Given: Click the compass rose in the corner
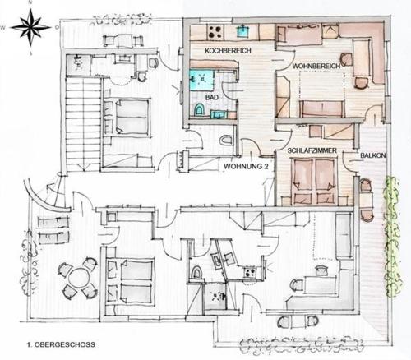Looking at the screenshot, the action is click(x=31, y=27).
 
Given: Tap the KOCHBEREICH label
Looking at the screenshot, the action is click(x=228, y=51).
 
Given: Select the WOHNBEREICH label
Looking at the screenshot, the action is click(x=316, y=67).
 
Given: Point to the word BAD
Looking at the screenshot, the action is click(x=212, y=97).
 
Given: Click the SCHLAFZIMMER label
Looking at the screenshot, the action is click(x=312, y=150).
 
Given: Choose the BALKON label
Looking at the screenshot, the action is click(x=373, y=155).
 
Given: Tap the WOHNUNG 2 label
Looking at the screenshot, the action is click(x=246, y=166).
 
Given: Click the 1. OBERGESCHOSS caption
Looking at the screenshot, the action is click(x=61, y=344).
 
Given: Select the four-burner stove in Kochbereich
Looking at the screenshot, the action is click(x=215, y=31).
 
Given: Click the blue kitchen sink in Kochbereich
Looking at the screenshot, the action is click(x=242, y=30).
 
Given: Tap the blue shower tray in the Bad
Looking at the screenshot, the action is click(x=202, y=80).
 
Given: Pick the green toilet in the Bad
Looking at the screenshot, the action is click(x=199, y=110).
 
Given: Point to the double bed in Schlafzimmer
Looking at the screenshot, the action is click(x=315, y=181).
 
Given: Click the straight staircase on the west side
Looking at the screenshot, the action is click(x=82, y=123).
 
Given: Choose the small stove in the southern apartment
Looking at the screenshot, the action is click(x=249, y=272).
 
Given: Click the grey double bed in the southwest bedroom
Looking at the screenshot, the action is click(x=129, y=281).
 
